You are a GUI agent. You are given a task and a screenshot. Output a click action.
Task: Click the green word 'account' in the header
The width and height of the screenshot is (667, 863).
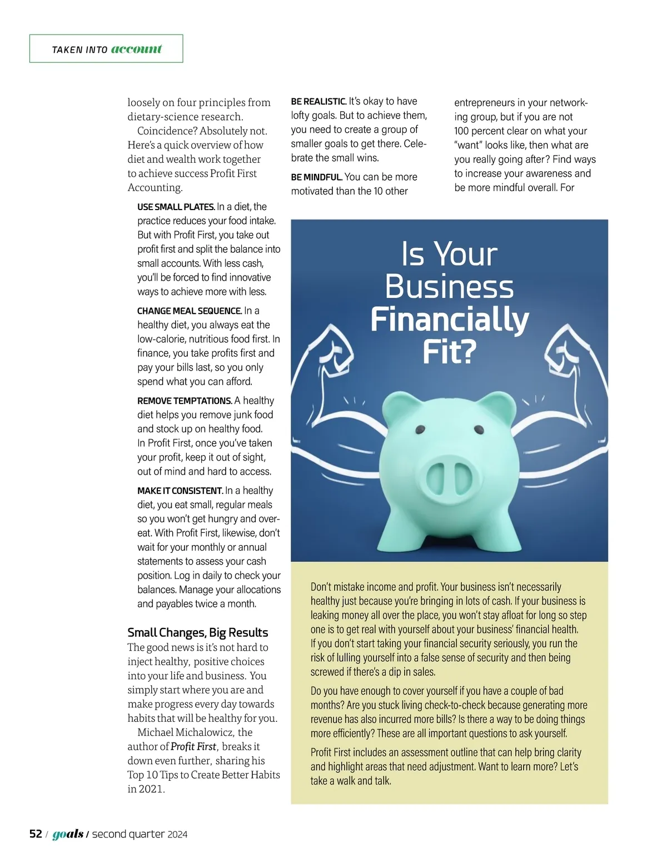136,49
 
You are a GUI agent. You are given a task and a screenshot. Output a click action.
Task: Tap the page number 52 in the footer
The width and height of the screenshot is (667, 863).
36,834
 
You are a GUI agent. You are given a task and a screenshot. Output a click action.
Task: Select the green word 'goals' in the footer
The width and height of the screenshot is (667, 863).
68,834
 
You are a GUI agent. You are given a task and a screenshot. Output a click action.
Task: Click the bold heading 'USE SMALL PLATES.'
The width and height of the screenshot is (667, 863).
176,207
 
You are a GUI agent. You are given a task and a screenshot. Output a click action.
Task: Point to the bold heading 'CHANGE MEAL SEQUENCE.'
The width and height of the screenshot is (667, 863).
189,311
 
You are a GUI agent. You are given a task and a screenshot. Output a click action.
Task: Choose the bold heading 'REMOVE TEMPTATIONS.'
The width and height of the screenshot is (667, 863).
185,401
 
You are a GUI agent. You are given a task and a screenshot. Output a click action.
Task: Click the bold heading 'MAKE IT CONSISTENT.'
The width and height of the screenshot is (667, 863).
180,491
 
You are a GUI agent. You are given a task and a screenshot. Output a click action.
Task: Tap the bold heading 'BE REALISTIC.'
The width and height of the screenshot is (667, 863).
318,101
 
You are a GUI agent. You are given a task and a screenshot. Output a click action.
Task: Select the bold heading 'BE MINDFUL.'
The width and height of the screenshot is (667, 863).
316,177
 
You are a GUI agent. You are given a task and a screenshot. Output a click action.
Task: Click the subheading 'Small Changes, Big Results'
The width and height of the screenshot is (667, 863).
197,632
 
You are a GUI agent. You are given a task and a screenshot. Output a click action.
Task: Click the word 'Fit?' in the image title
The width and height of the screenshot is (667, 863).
449,352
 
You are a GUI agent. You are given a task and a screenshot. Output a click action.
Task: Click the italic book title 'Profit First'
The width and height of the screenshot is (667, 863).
193,746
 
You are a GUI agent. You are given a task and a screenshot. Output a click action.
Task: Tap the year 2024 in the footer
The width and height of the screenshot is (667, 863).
177,834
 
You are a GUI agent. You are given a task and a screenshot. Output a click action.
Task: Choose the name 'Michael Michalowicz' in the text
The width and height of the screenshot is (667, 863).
187,732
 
